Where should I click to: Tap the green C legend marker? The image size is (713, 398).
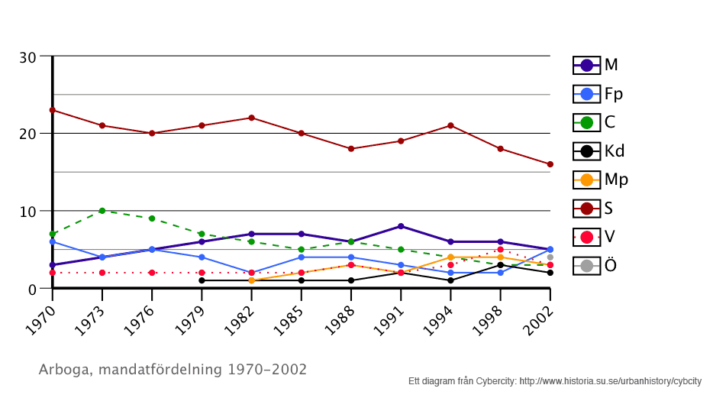coord(587,122)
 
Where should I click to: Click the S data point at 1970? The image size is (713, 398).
coord(52,110)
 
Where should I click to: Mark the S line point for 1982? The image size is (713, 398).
coord(251,118)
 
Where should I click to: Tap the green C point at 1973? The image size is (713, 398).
coord(102,211)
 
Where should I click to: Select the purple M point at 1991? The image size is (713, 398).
coord(401,226)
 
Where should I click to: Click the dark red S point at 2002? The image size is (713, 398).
coord(550,164)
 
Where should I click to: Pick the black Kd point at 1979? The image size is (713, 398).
coord(202,280)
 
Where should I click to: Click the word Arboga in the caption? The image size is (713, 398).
coord(63,370)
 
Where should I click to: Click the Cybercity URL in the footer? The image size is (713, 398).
coord(610,380)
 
